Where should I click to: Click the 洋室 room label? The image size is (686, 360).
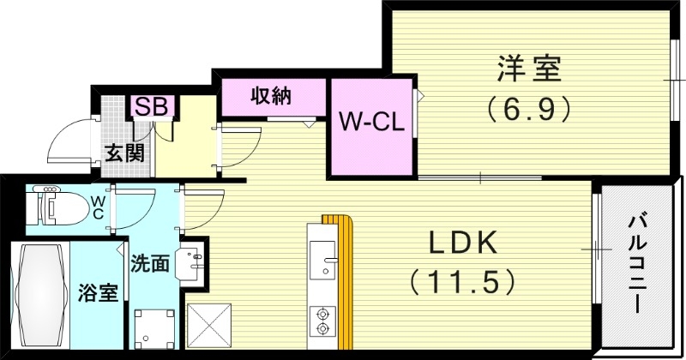(x=530, y=69)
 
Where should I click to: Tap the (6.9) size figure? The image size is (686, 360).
(x=529, y=109)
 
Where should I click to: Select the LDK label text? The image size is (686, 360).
(x=463, y=244)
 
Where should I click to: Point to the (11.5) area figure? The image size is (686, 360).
(x=463, y=280)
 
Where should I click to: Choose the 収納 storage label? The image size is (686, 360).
(x=270, y=96)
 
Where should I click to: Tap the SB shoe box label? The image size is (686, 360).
(x=153, y=107)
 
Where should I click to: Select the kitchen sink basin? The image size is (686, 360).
(x=323, y=259)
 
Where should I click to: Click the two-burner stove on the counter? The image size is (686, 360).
(x=323, y=319)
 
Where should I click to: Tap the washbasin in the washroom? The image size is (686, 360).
(x=190, y=262)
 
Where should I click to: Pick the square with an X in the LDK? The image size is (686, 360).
(x=206, y=327)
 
